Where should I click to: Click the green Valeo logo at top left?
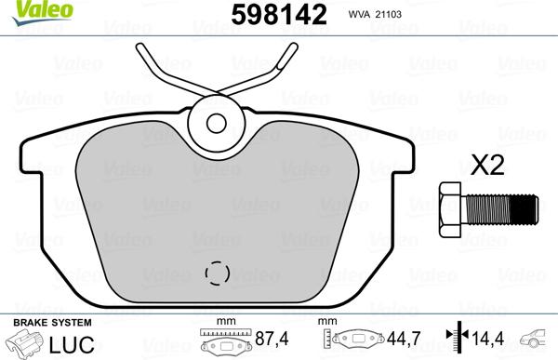(x=42, y=11)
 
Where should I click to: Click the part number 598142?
(x=279, y=15)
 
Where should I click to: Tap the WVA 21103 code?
(x=375, y=15)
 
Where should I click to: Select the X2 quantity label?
(x=487, y=166)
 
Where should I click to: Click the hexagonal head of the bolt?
(x=450, y=209)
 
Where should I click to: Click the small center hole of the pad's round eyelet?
(x=216, y=123)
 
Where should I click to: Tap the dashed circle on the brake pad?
(x=217, y=273)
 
